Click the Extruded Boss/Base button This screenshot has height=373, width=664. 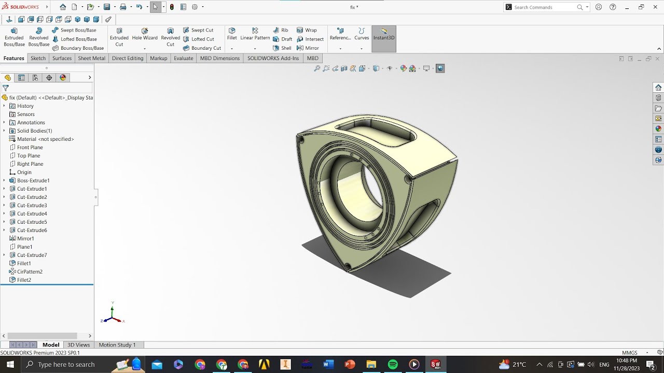coord(14,37)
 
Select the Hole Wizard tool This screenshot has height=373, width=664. coord(145,34)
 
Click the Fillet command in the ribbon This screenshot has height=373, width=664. coord(232,34)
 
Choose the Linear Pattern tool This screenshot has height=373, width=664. coord(255,34)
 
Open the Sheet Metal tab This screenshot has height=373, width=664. coord(91,58)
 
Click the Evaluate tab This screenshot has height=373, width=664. coord(183,58)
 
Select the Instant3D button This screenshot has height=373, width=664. coord(384,35)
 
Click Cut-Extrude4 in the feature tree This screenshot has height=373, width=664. coord(32,213)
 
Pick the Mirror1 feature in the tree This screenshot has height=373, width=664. coord(25,238)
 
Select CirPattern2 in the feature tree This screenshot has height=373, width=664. coord(30,271)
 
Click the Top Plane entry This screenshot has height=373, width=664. coord(29,155)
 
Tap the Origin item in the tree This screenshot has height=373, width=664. coord(24,172)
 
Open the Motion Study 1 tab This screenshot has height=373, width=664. coord(117,345)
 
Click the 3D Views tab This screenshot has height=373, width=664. coord(78,345)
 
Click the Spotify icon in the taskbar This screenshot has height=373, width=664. coord(393,364)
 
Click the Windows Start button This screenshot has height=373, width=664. coord(10,364)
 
